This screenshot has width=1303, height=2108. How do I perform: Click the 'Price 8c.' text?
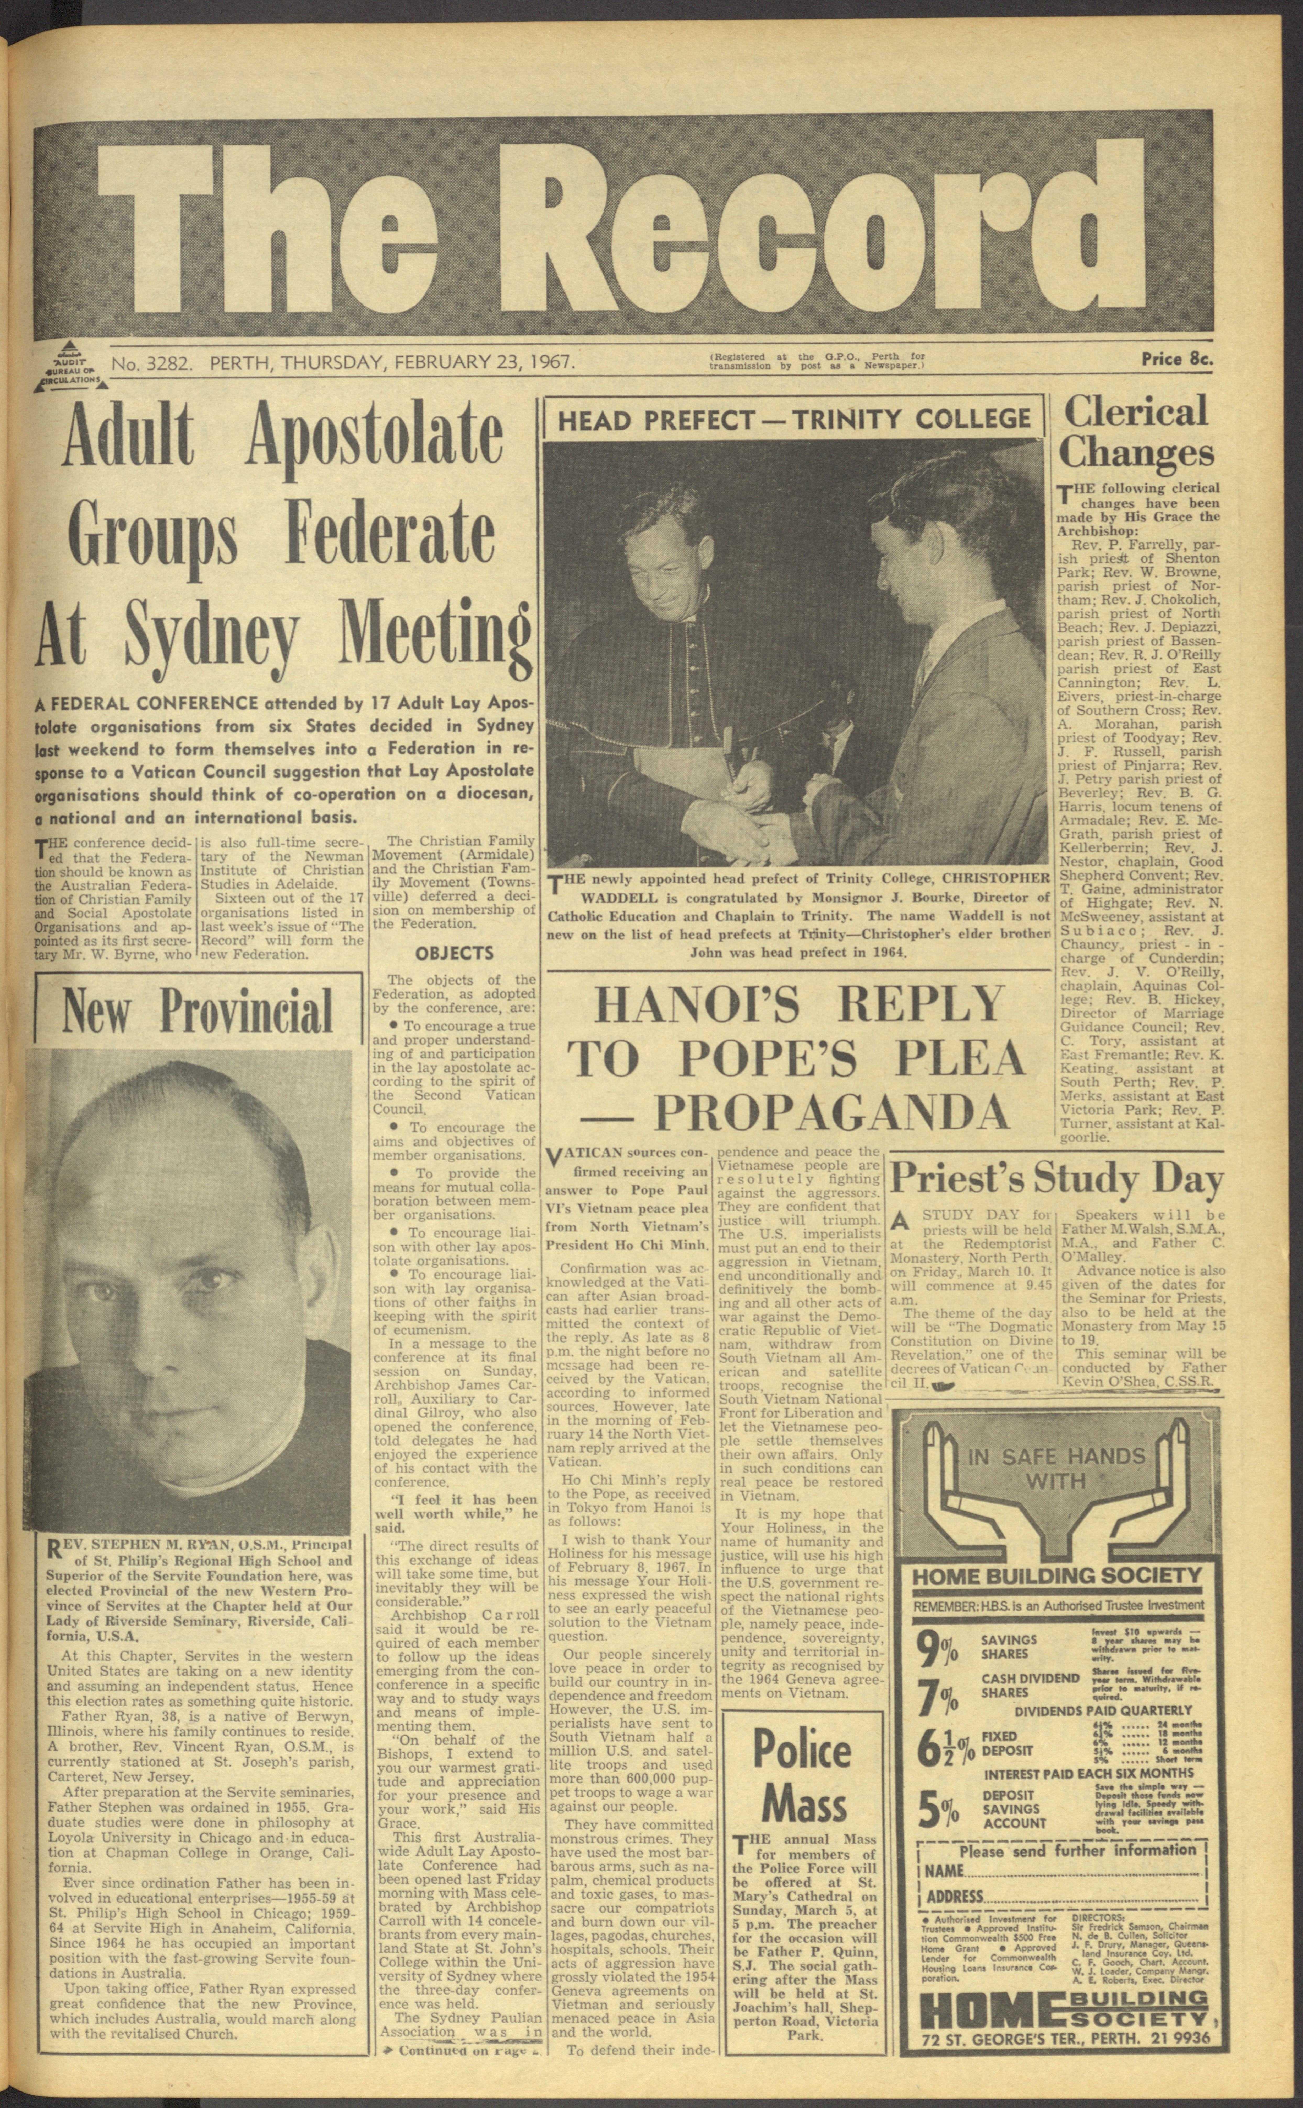[x=1176, y=359]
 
